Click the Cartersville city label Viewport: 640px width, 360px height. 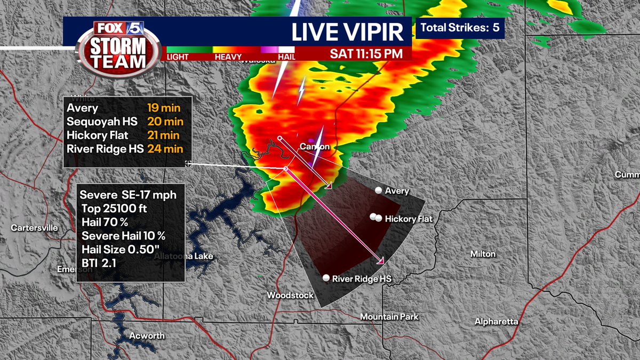point(35,228)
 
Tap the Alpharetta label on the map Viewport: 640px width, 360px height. point(497,322)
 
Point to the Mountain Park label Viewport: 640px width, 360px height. point(389,317)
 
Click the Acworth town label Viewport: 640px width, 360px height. point(147,336)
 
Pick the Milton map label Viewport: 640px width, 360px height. point(483,254)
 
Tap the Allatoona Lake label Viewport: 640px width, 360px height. point(183,257)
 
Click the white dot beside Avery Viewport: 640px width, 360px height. point(378,190)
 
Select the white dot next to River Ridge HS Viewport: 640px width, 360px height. point(326,278)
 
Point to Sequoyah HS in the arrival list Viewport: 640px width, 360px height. point(102,122)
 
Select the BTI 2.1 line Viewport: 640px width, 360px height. point(95,262)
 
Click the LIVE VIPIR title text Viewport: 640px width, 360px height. point(347,32)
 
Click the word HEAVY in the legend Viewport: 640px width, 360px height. point(228,57)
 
